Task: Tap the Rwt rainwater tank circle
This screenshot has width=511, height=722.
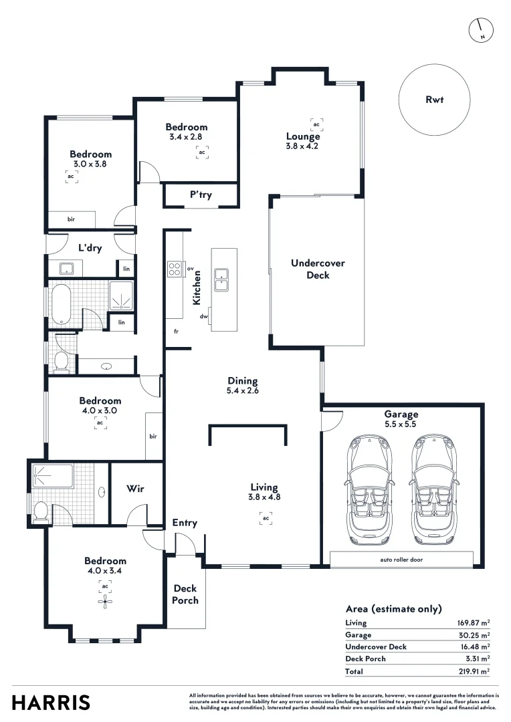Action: point(435,100)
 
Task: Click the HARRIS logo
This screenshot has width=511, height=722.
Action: point(51,703)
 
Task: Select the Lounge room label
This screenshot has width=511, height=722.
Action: point(303,137)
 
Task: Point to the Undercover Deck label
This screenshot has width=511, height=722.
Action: point(318,269)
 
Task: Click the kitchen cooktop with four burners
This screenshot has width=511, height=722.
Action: point(175,269)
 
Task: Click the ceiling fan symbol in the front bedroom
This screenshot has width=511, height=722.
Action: point(105,602)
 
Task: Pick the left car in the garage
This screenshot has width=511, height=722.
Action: point(368,489)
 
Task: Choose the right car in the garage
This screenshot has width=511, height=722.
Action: point(433,489)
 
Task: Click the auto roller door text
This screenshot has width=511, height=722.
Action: point(401,560)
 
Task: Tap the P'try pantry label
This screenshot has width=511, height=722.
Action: point(201,195)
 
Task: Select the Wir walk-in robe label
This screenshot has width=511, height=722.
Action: point(135,489)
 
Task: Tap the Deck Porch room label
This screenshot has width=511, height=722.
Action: point(185,594)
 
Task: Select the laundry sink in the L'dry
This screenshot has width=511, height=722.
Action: point(66,269)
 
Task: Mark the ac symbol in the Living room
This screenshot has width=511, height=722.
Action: point(266,518)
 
